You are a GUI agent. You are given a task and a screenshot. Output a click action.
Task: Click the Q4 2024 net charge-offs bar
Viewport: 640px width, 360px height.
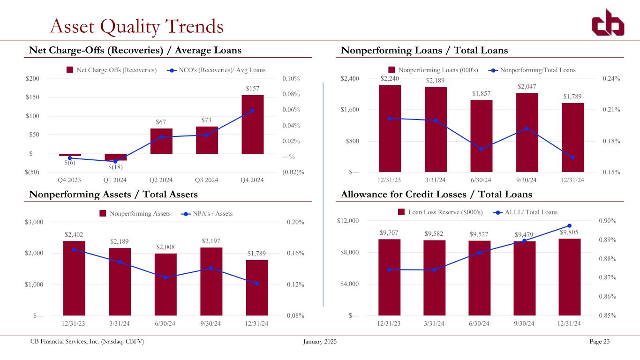(252, 124)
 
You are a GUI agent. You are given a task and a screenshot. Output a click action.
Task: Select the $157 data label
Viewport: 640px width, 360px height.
(252, 89)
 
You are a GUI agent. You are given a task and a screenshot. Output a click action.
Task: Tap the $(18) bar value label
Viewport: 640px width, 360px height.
(115, 167)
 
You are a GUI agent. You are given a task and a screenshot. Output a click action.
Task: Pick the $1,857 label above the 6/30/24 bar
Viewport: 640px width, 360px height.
(481, 93)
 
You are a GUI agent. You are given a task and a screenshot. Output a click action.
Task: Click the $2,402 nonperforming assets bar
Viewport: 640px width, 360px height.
(74, 278)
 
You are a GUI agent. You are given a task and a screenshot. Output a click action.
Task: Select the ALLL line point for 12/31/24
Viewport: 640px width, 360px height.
(570, 225)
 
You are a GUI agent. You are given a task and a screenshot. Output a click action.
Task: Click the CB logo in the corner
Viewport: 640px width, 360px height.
(608, 22)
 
